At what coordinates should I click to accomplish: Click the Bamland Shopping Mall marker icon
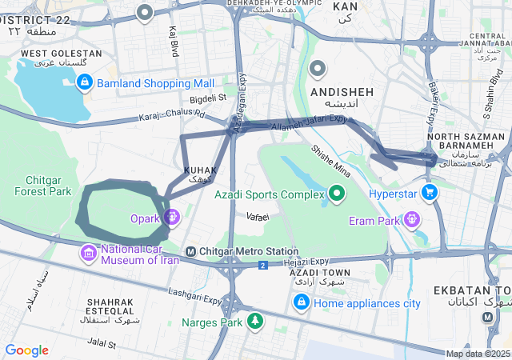tap(85, 82)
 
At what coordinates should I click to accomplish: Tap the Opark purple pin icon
tap(171, 217)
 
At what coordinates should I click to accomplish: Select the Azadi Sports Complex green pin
tap(337, 193)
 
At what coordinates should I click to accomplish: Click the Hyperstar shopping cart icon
tap(430, 192)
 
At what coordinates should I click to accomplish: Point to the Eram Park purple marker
tap(411, 218)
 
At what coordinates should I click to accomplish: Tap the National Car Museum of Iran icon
tap(88, 254)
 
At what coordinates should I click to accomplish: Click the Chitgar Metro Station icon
tap(190, 252)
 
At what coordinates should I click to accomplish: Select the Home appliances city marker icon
tap(301, 302)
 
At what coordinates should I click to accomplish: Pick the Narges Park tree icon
tap(254, 322)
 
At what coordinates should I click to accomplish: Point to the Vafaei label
tap(258, 217)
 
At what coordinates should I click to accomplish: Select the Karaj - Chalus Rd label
tap(171, 114)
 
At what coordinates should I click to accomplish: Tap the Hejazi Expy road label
tap(308, 260)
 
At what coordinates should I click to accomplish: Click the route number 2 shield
tap(262, 265)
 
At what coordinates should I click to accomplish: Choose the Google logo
tap(26, 350)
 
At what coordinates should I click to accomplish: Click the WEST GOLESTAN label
tap(61, 54)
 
